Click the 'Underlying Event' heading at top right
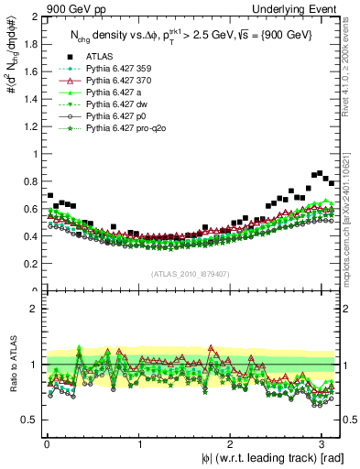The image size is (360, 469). click(x=298, y=8)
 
